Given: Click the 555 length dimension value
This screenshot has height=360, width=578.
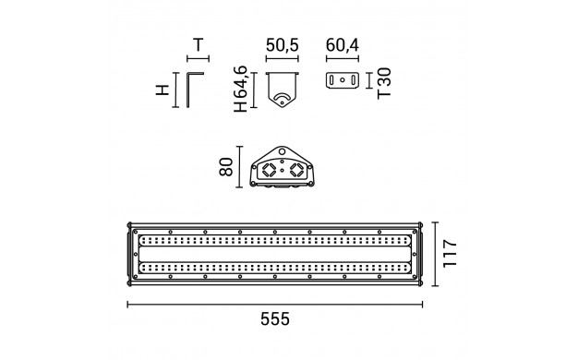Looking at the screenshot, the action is [x=275, y=319].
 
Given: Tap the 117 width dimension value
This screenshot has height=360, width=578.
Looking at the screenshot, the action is [x=450, y=254].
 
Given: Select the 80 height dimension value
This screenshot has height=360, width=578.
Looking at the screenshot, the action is [x=226, y=167].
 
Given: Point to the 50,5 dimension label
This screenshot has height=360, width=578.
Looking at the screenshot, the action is [x=282, y=45].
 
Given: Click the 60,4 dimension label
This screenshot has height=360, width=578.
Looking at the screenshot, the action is [x=342, y=45].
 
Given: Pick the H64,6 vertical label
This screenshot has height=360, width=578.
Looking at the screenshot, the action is [x=240, y=89].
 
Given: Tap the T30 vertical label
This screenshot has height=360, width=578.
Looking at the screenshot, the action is [x=384, y=83].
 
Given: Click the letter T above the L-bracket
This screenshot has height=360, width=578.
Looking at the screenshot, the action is [x=199, y=45].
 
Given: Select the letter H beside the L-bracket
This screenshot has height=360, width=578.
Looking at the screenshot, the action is [x=163, y=90].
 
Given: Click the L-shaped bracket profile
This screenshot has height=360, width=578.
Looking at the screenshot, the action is [x=188, y=90].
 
